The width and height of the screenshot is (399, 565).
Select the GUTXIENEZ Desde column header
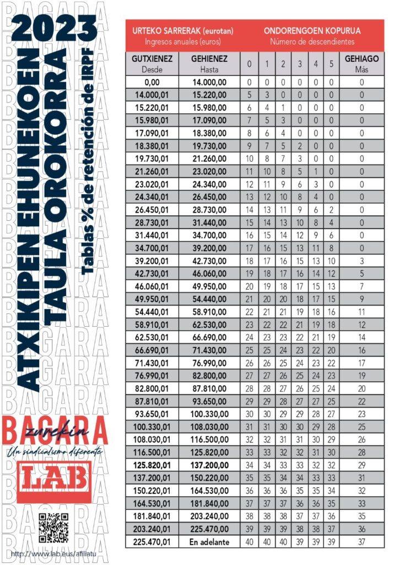tap(153, 63)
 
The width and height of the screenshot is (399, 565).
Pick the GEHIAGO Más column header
tap(362, 63)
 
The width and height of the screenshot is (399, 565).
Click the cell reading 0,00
tap(153, 82)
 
